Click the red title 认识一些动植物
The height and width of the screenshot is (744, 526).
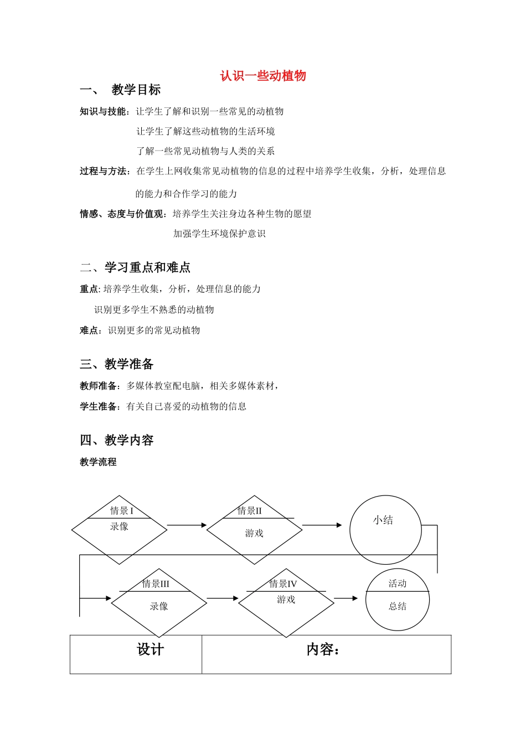(262, 76)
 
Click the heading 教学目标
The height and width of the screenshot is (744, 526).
(136, 90)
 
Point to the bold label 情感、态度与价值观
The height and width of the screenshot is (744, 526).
(123, 214)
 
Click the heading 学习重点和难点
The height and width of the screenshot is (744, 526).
(147, 268)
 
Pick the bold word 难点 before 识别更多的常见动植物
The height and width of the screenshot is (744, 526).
(90, 330)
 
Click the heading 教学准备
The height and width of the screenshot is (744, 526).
(128, 364)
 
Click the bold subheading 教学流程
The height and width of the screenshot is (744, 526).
(98, 462)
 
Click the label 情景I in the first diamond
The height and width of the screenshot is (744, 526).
(122, 510)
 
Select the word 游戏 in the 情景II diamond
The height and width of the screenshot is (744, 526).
(254, 533)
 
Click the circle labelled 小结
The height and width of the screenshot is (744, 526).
(385, 530)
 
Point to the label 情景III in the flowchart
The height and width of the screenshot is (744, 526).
(156, 583)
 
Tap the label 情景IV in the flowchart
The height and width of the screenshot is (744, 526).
(283, 583)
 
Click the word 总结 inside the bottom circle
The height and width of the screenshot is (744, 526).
(398, 606)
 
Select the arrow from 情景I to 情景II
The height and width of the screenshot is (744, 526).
(187, 525)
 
